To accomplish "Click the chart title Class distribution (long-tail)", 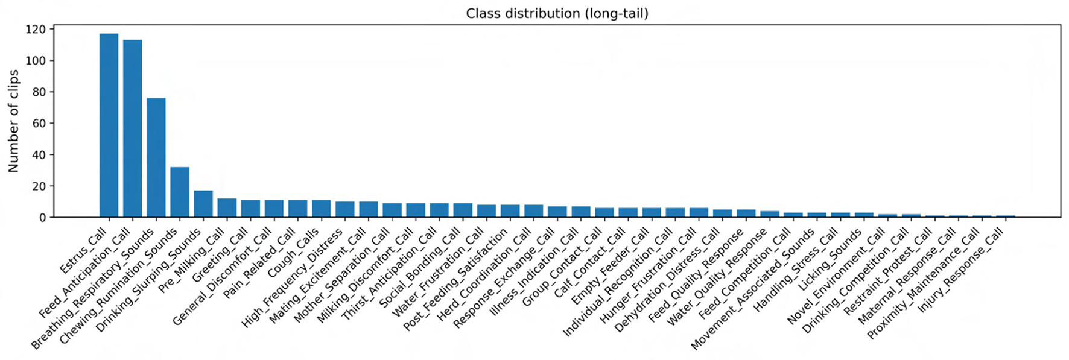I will point(557,13).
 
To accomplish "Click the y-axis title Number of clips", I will point(13,121).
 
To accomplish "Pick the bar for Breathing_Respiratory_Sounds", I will point(156,157).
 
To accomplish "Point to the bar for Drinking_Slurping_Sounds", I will point(203,204).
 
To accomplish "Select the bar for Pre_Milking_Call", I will point(227,208).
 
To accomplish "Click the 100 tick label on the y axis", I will point(36,61).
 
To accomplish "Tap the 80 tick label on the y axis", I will point(39,92).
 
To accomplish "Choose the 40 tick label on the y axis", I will point(39,155).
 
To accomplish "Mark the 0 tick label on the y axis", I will point(42,218).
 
